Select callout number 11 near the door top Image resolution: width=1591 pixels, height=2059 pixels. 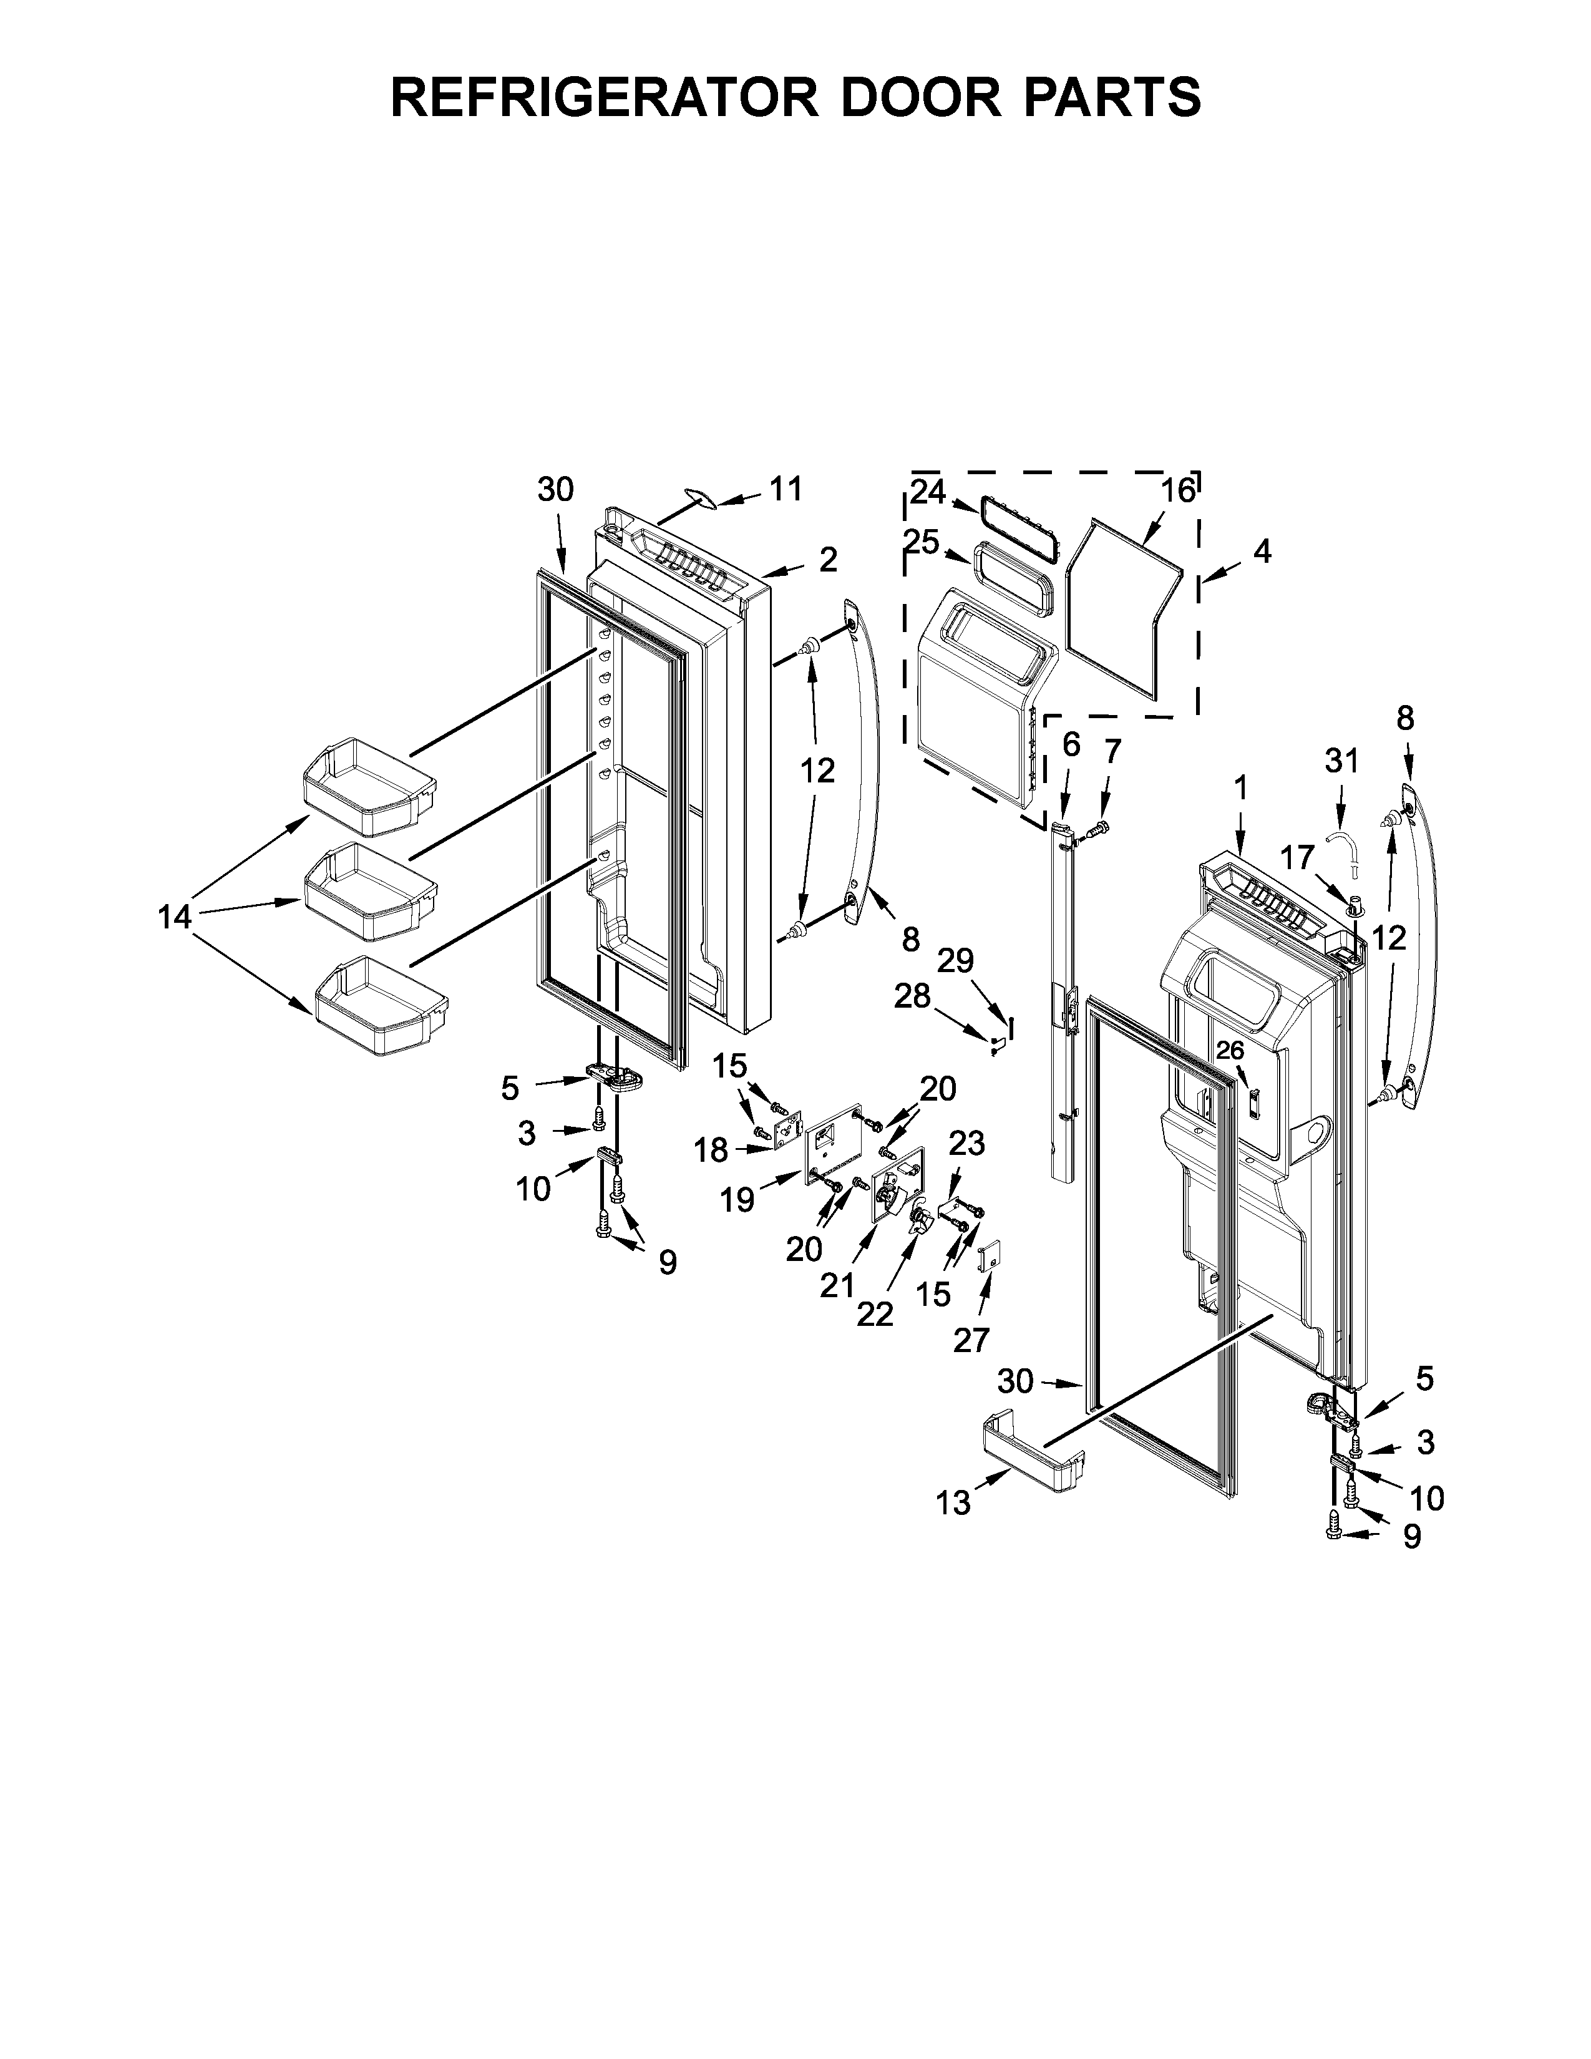(x=786, y=489)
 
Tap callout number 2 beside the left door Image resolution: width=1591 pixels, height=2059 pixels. (x=827, y=560)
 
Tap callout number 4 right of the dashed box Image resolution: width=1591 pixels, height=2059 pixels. (x=1262, y=552)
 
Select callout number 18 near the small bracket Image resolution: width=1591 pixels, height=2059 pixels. (x=712, y=1150)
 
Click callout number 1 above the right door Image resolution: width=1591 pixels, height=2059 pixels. (x=1240, y=787)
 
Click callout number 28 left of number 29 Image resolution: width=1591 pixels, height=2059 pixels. (x=912, y=996)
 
